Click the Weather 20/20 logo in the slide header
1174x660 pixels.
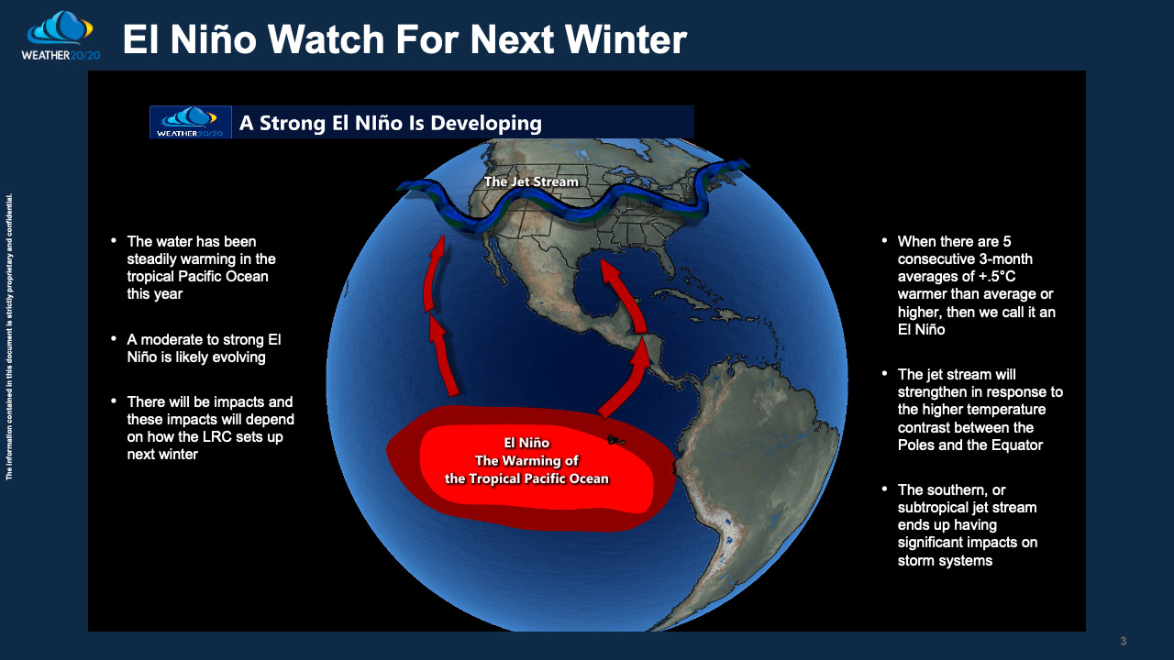pyautogui.click(x=61, y=36)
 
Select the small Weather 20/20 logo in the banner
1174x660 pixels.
pyautogui.click(x=190, y=122)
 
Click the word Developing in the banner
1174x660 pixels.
pyautogui.click(x=486, y=124)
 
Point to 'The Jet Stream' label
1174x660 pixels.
pyautogui.click(x=531, y=181)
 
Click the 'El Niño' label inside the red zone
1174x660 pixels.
pyautogui.click(x=526, y=443)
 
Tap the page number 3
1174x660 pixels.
pyautogui.click(x=1124, y=641)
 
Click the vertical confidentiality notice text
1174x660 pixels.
pyautogui.click(x=9, y=336)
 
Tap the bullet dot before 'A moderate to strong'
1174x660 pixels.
pyautogui.click(x=114, y=339)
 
